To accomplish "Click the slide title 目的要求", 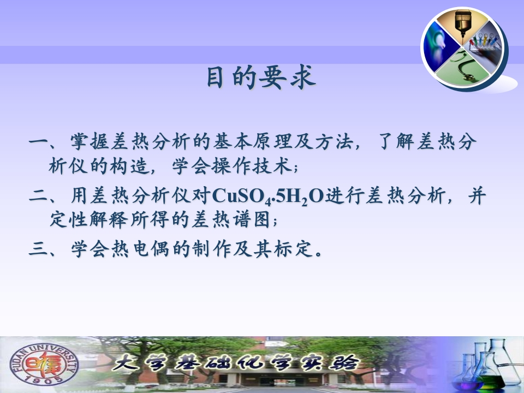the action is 261,78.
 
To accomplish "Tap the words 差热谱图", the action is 230,220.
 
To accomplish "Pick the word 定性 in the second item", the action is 69,220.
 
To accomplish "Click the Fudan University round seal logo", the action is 44,364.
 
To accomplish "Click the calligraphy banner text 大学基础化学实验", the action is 236,364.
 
